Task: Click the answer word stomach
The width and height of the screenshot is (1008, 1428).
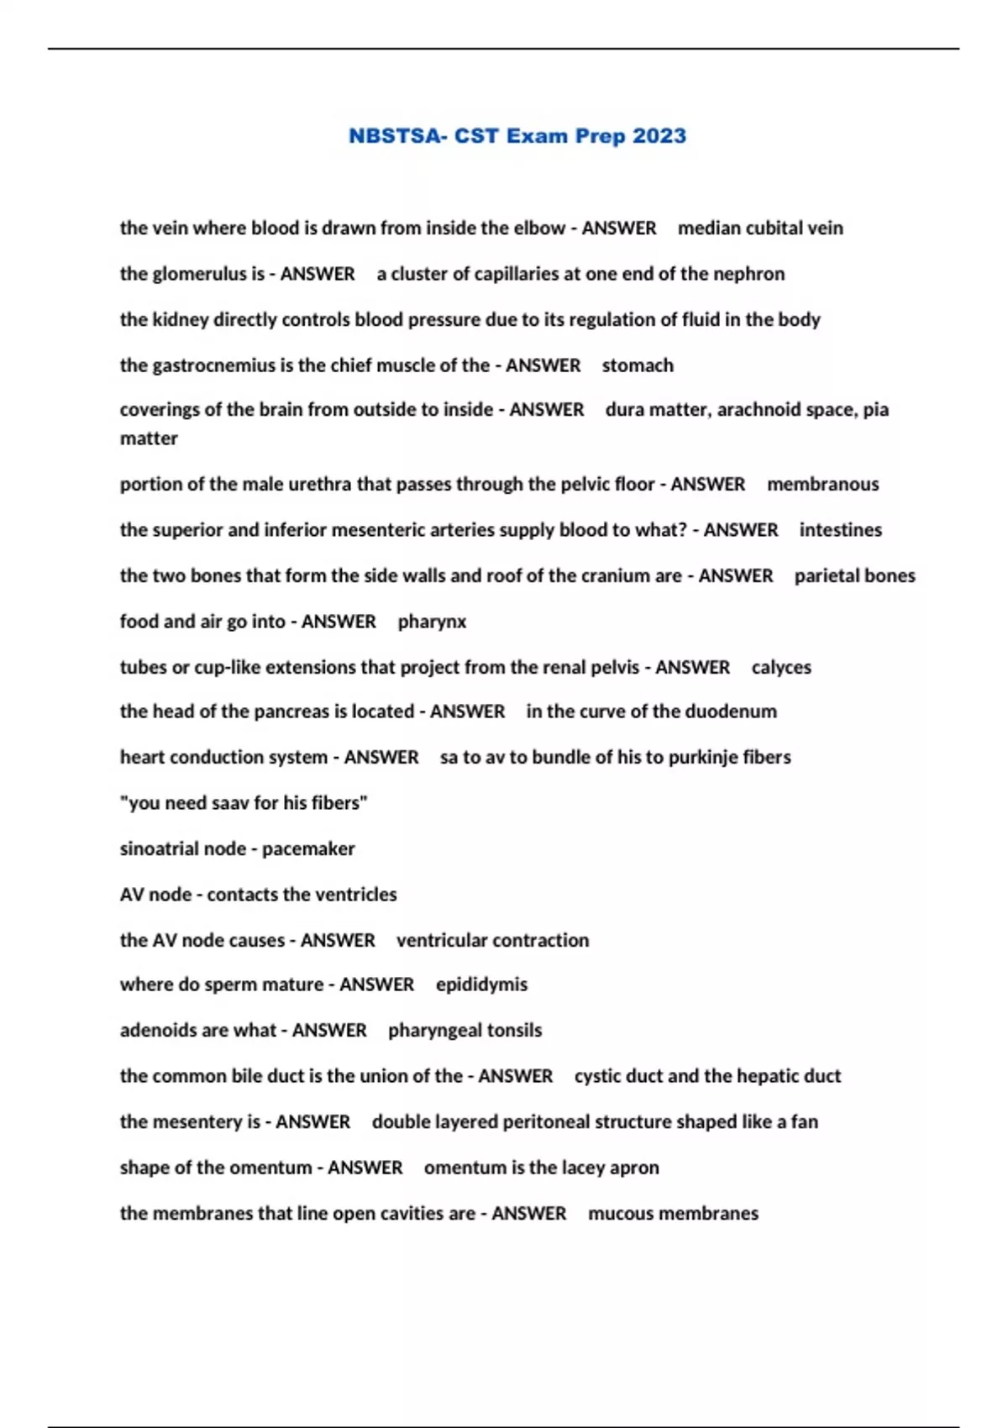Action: pos(638,365)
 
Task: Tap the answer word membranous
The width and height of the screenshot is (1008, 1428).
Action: pos(822,485)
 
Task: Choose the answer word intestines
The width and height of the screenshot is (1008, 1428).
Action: pos(840,530)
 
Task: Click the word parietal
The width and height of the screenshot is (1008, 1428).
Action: pos(824,576)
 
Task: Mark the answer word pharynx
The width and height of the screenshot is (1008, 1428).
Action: pos(432,622)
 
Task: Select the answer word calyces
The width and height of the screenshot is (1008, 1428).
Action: pos(781,668)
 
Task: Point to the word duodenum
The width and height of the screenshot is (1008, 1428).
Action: pos(737,711)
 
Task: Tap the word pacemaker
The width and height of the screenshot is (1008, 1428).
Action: pos(308,849)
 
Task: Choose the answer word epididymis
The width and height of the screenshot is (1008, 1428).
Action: pos(481,984)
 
